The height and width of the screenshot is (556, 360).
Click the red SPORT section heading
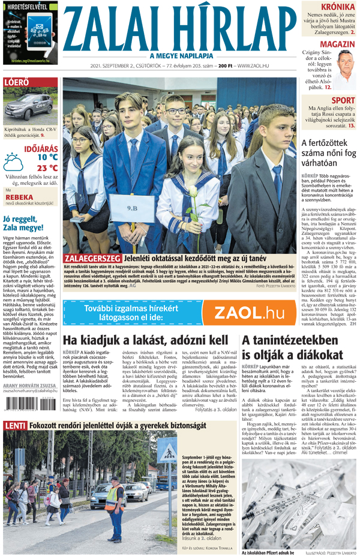click(x=342, y=100)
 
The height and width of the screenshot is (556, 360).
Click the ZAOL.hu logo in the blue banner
click(x=249, y=312)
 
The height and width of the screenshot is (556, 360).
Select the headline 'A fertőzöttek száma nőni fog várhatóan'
click(x=329, y=154)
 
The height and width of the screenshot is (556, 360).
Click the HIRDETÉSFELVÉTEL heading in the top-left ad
click(x=29, y=7)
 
